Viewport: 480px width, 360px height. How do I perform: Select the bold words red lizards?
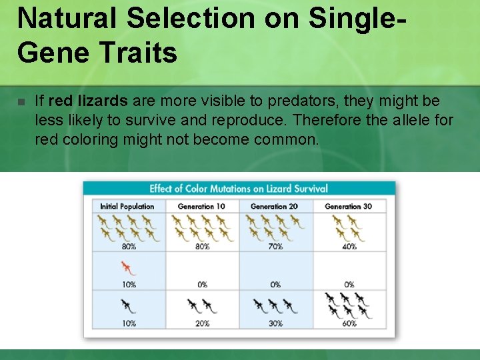tap(88, 101)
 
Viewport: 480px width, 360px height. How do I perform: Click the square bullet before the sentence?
tap(21, 102)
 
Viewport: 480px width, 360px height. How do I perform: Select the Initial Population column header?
tap(127, 207)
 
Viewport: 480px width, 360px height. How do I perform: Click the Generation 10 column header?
tap(201, 207)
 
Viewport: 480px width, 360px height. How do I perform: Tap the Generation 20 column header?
tap(274, 207)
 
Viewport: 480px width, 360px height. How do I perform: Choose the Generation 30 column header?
tap(348, 207)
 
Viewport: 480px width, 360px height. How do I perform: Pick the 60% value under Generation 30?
tap(349, 323)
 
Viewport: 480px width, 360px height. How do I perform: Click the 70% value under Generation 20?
tap(275, 247)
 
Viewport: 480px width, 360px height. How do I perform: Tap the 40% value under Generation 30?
tap(349, 247)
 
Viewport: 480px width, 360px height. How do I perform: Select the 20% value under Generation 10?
tap(202, 323)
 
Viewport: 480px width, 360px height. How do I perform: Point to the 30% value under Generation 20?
tap(275, 323)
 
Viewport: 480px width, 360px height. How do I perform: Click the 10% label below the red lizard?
tap(129, 285)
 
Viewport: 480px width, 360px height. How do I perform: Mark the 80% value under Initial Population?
tap(129, 247)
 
